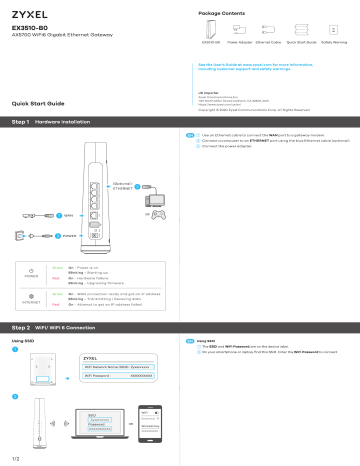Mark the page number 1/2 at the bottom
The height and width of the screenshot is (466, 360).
14,457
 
